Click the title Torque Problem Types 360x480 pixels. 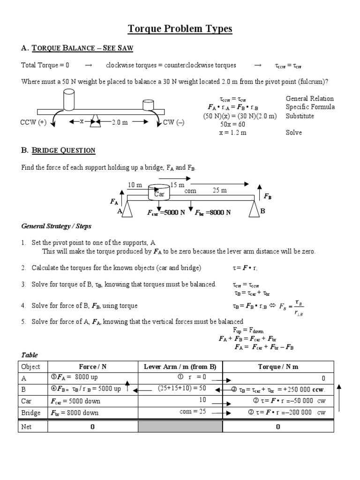[180, 29]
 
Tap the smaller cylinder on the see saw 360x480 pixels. [148, 104]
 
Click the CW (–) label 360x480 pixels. [175, 122]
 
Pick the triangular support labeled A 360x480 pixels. [127, 210]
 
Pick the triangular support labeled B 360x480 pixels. [255, 210]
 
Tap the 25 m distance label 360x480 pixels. [219, 191]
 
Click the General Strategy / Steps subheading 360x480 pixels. [56, 226]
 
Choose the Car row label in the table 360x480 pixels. [27, 401]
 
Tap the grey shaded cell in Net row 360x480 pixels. [180, 427]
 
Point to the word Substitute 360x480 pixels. [300, 116]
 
